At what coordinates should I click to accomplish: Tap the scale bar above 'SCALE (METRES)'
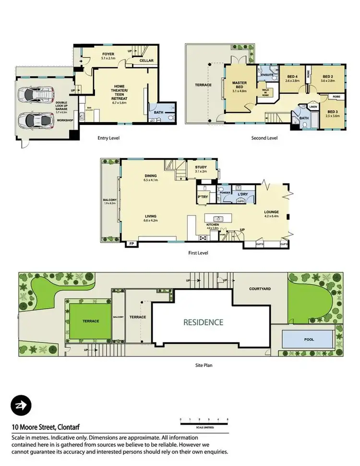pyautogui.click(x=204, y=423)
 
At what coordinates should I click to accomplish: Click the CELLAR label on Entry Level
pyautogui.click(x=146, y=61)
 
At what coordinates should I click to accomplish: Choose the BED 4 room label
pyautogui.click(x=292, y=78)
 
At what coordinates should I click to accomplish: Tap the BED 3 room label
pyautogui.click(x=332, y=113)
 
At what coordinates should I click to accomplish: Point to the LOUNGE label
pyautogui.click(x=271, y=211)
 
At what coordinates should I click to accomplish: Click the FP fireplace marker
pyautogui.click(x=131, y=244)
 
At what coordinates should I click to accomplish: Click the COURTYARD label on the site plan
pyautogui.click(x=260, y=289)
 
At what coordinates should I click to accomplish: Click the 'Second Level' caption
pyautogui.click(x=265, y=138)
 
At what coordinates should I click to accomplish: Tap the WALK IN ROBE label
pyautogui.click(x=264, y=92)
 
